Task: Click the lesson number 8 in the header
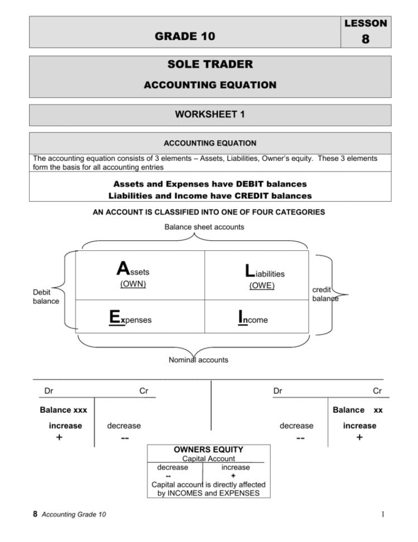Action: [365, 39]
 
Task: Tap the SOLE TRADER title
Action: [210, 64]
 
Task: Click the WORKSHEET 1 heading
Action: [210, 115]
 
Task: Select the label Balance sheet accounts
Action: [204, 227]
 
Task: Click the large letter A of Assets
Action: [123, 269]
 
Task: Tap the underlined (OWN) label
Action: [133, 284]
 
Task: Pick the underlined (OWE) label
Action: [262, 286]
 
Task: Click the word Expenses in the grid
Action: [130, 319]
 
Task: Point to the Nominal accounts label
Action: [198, 360]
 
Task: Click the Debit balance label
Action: [45, 296]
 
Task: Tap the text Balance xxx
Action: [63, 410]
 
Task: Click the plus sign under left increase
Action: [59, 438]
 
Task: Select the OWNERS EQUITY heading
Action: [208, 449]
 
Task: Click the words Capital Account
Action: [209, 459]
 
